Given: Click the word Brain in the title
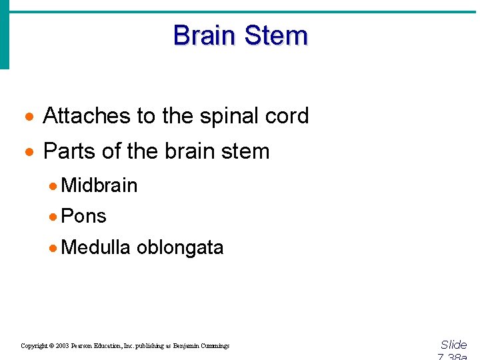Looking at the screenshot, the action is tap(203, 35).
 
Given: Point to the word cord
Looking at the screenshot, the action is tap(287, 116).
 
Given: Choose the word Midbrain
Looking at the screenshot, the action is tap(99, 185).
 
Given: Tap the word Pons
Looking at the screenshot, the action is tap(83, 216).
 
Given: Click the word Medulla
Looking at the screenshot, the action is tap(95, 247).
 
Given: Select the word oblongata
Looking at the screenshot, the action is tap(180, 247).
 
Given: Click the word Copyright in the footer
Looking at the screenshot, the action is tap(34, 346).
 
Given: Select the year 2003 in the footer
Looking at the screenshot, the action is tap(63, 346).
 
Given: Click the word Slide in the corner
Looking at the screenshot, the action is tap(454, 345).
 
